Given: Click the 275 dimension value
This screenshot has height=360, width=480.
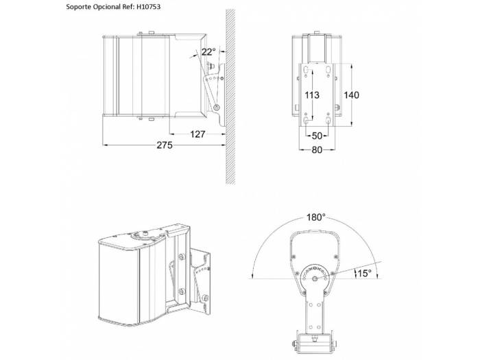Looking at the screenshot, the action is tap(165, 145).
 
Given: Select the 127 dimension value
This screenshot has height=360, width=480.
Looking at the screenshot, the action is tap(197, 134).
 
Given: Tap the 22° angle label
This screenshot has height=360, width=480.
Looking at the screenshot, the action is tap(208, 51).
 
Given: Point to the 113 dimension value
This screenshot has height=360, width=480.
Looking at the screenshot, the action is tap(311, 95).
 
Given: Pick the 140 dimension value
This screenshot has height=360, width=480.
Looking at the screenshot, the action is tap(351, 95).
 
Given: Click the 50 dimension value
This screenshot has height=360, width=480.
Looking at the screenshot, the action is tap(317, 136).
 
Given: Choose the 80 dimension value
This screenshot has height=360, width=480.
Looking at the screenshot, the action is tap(317, 149).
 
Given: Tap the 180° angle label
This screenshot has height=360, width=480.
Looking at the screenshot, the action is tap(316, 217).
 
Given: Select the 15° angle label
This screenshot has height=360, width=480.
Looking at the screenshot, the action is tap(364, 274).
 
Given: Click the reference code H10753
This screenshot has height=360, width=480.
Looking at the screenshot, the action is tap(148, 7).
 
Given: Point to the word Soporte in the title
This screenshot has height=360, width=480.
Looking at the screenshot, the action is tap(77, 7).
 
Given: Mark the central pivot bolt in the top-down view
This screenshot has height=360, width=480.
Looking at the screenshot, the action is tap(315, 278).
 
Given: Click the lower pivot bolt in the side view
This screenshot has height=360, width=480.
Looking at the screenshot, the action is tap(217, 108).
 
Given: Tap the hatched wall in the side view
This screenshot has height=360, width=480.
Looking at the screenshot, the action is tap(230, 97).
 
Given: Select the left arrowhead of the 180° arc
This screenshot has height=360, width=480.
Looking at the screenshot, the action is tap(252, 276).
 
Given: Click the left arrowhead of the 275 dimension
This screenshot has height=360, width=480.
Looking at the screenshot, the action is tap(105, 145).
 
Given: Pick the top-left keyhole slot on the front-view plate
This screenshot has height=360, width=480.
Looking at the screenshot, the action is tap(306, 70).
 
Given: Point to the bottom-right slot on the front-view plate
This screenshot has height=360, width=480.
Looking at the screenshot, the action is tap(328, 120).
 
